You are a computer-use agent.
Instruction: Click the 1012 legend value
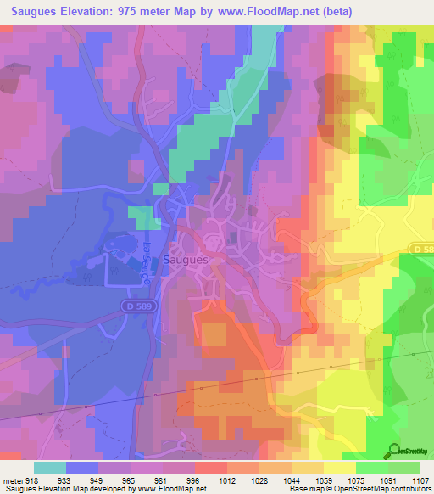225,480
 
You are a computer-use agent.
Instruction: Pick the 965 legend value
130,480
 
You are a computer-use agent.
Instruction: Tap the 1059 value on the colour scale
322,480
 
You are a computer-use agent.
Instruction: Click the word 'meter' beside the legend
12,480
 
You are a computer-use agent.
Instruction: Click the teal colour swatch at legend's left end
50,468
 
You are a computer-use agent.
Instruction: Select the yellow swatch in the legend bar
339,468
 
